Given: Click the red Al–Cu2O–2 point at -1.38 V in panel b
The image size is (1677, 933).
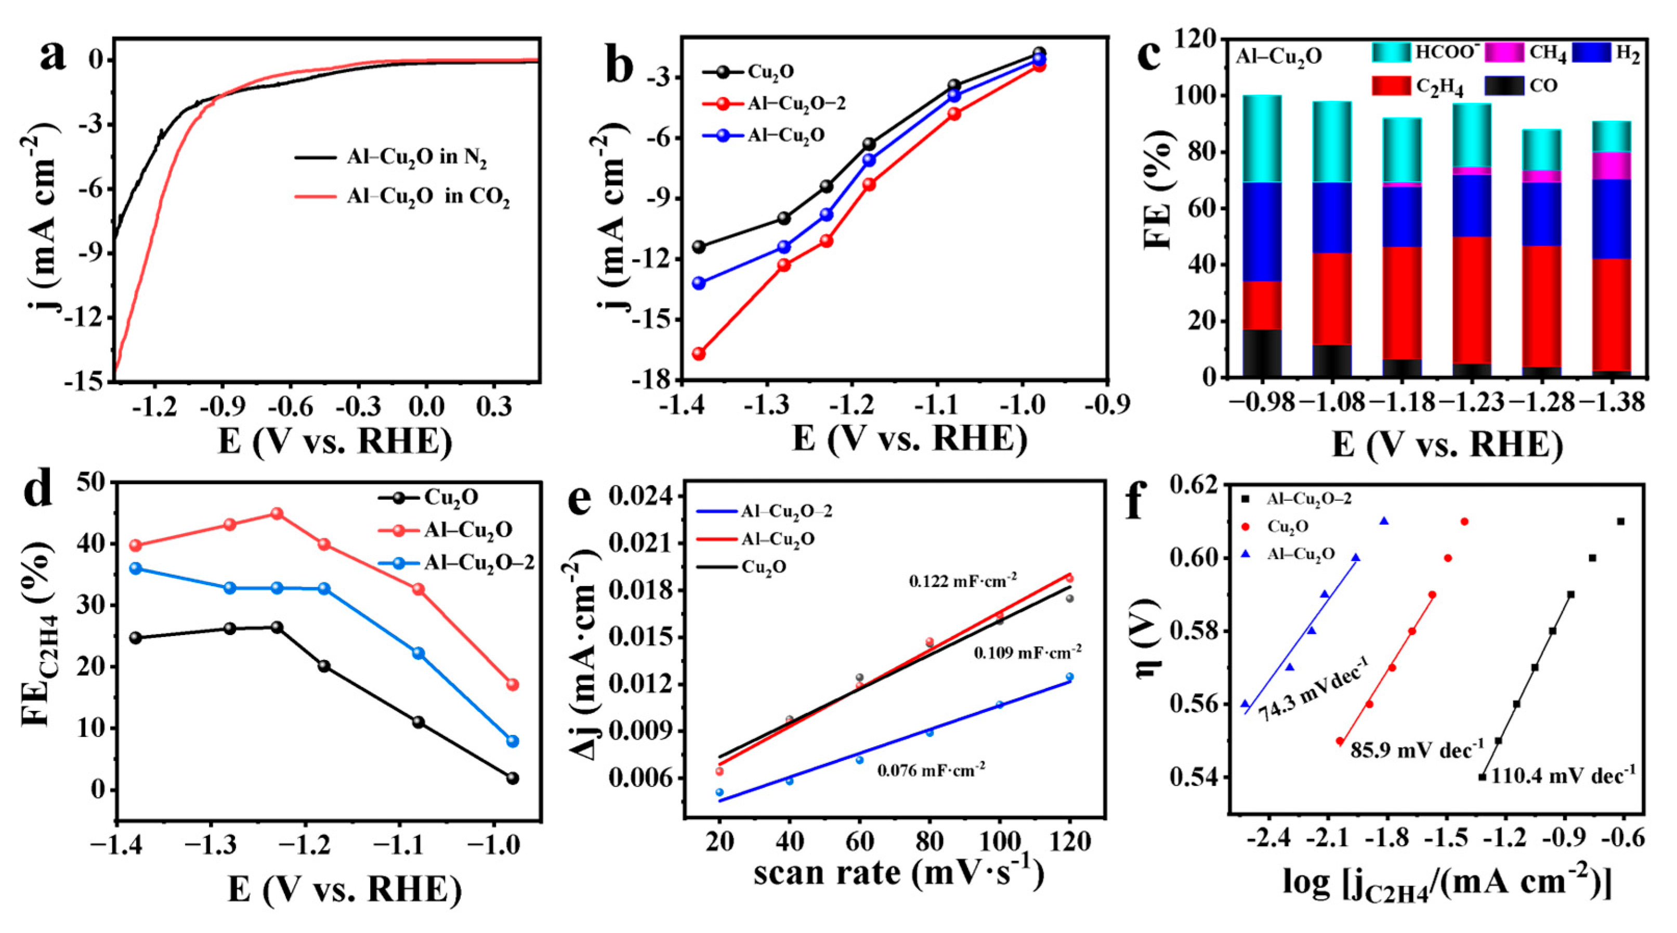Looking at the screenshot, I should click(x=699, y=354).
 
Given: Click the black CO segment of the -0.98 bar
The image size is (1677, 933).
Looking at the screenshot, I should click(x=1262, y=353).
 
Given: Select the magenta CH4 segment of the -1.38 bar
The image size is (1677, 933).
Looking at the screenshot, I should click(x=1612, y=165).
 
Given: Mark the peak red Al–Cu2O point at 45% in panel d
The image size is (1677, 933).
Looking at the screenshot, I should click(x=277, y=514).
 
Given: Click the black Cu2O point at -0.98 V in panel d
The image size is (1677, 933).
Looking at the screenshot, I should click(x=513, y=778).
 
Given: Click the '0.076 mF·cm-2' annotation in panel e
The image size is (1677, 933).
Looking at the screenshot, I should click(x=931, y=770).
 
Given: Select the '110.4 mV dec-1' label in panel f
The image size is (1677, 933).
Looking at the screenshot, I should click(x=1563, y=775).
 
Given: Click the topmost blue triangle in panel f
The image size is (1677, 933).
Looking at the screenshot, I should click(x=1384, y=521).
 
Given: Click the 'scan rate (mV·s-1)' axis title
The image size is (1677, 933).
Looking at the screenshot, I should click(x=898, y=873).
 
